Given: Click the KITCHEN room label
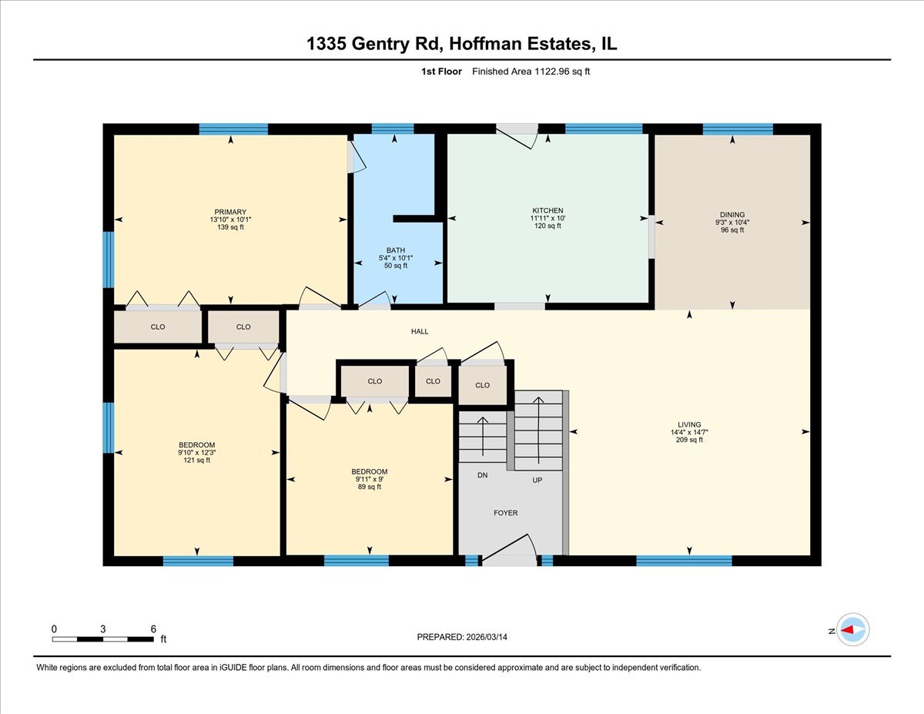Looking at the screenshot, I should (547, 210).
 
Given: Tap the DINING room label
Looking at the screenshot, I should (732, 215).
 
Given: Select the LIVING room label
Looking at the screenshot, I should (689, 424).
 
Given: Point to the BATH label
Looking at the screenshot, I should (396, 250).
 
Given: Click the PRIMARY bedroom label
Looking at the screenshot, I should (230, 212).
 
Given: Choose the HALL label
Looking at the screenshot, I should (419, 332).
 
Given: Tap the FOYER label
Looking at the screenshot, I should (506, 513).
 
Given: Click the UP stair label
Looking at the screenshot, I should (537, 479).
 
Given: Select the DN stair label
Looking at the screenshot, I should (482, 475).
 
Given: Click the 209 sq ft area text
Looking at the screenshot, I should (689, 440).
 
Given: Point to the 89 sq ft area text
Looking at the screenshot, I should (369, 487).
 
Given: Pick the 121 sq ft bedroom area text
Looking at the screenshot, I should (197, 460).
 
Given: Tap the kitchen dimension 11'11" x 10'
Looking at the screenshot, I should (547, 218).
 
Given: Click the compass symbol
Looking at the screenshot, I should (852, 629).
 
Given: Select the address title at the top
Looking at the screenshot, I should (462, 45).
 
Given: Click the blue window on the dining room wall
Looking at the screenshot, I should (738, 129).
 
